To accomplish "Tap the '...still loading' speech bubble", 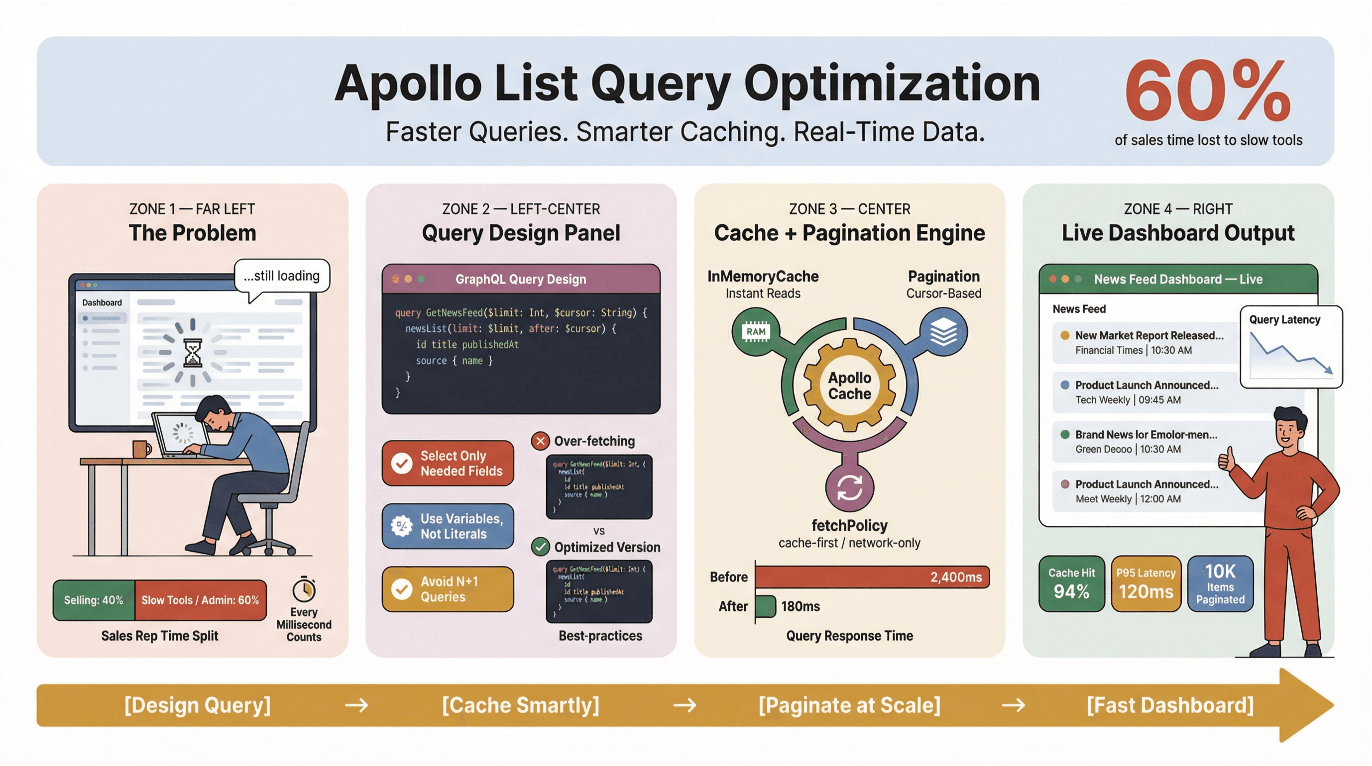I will pos(282,276).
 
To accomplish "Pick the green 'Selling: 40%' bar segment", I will pos(94,600).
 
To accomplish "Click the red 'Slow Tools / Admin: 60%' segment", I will pos(200,600).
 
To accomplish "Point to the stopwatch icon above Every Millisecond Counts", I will pos(304,589).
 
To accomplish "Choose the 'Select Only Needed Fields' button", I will pos(448,463).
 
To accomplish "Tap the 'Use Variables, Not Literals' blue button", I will pos(448,526).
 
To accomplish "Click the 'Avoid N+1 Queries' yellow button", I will pos(448,589).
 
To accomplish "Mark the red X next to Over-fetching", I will pos(540,441).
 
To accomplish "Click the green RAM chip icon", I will pos(756,332).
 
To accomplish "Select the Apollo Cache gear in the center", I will pos(849,385).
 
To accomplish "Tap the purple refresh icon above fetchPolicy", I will pos(849,487).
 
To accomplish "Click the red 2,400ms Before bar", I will pos(872,577).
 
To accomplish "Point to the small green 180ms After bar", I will pos(766,606).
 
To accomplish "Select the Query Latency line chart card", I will pos(1290,347).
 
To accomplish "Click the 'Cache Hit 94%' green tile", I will pos(1072,583).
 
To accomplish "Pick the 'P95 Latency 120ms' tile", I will pos(1145,583).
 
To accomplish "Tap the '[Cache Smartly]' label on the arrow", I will pos(520,705).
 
